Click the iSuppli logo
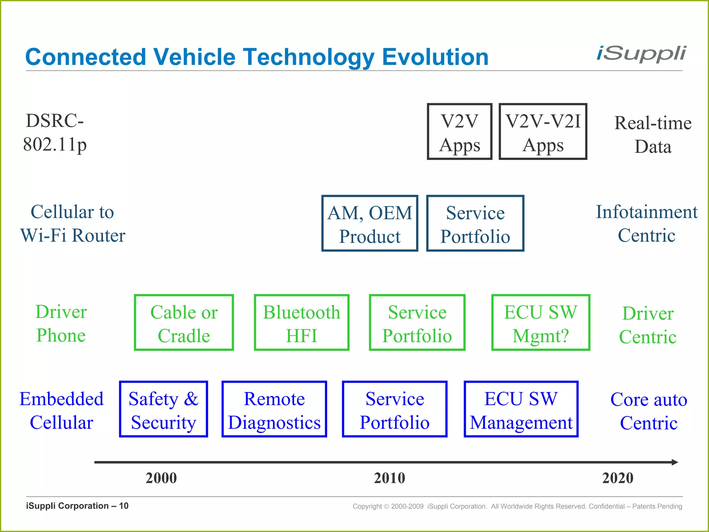click(641, 54)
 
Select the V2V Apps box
click(459, 132)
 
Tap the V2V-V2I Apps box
click(542, 132)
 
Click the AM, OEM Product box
click(369, 223)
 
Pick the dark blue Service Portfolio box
click(475, 223)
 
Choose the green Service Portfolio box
click(417, 323)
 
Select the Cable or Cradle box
click(184, 323)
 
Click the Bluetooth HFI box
click(302, 323)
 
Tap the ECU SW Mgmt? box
click(540, 323)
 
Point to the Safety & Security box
click(163, 409)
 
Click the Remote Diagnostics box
click(274, 409)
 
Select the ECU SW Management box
click(521, 409)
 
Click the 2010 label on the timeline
click(389, 478)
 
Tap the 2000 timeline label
click(161, 478)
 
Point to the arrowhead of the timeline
click(674, 462)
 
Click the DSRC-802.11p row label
click(55, 133)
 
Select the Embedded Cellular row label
click(61, 410)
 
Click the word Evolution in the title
click(435, 57)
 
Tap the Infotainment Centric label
click(646, 223)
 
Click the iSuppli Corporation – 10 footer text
click(77, 506)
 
